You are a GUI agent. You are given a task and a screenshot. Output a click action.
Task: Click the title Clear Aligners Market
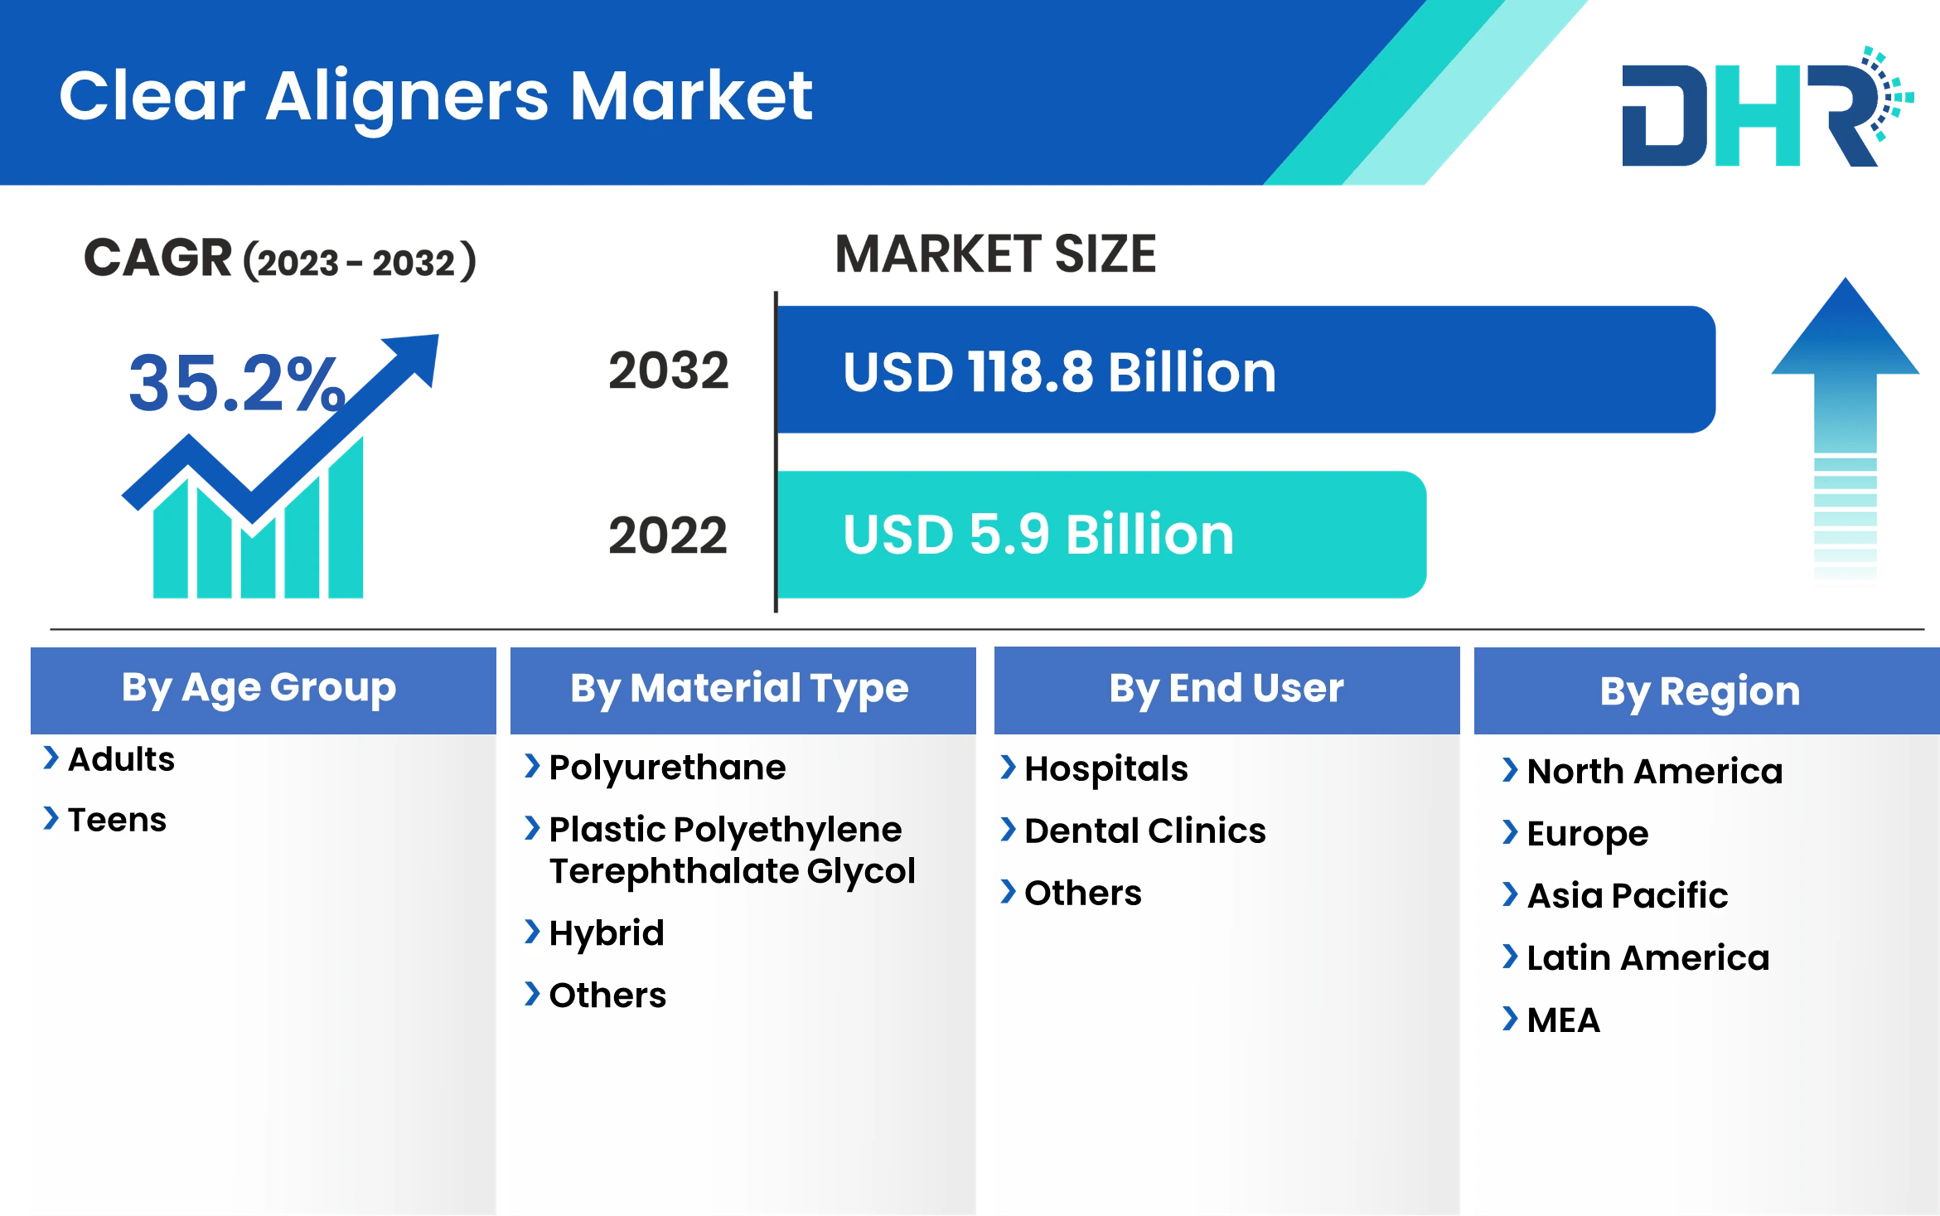click(435, 96)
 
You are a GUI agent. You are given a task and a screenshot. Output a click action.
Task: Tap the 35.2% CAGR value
click(236, 384)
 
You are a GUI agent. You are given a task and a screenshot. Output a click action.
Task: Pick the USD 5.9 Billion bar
click(1101, 535)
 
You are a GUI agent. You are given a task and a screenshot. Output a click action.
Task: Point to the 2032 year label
click(668, 371)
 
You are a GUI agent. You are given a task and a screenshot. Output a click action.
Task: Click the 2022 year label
click(668, 535)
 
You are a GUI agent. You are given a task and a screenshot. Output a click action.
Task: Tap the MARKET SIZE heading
click(994, 254)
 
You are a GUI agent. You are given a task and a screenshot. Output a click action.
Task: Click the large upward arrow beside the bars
click(1845, 431)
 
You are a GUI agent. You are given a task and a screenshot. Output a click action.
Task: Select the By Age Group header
click(259, 688)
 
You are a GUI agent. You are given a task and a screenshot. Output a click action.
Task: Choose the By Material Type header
click(739, 689)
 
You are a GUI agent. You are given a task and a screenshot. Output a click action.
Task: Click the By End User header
click(1226, 689)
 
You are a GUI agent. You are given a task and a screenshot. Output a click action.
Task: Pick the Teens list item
click(117, 820)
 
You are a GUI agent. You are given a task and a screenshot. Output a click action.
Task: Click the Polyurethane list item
click(667, 768)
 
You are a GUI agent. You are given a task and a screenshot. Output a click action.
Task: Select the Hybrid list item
click(607, 933)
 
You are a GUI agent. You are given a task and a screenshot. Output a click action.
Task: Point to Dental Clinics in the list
click(1144, 831)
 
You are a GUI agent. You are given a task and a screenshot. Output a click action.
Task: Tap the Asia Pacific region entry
click(1627, 895)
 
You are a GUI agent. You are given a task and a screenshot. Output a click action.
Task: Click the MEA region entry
click(1563, 1020)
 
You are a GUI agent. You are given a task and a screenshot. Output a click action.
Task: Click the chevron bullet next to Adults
click(51, 758)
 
